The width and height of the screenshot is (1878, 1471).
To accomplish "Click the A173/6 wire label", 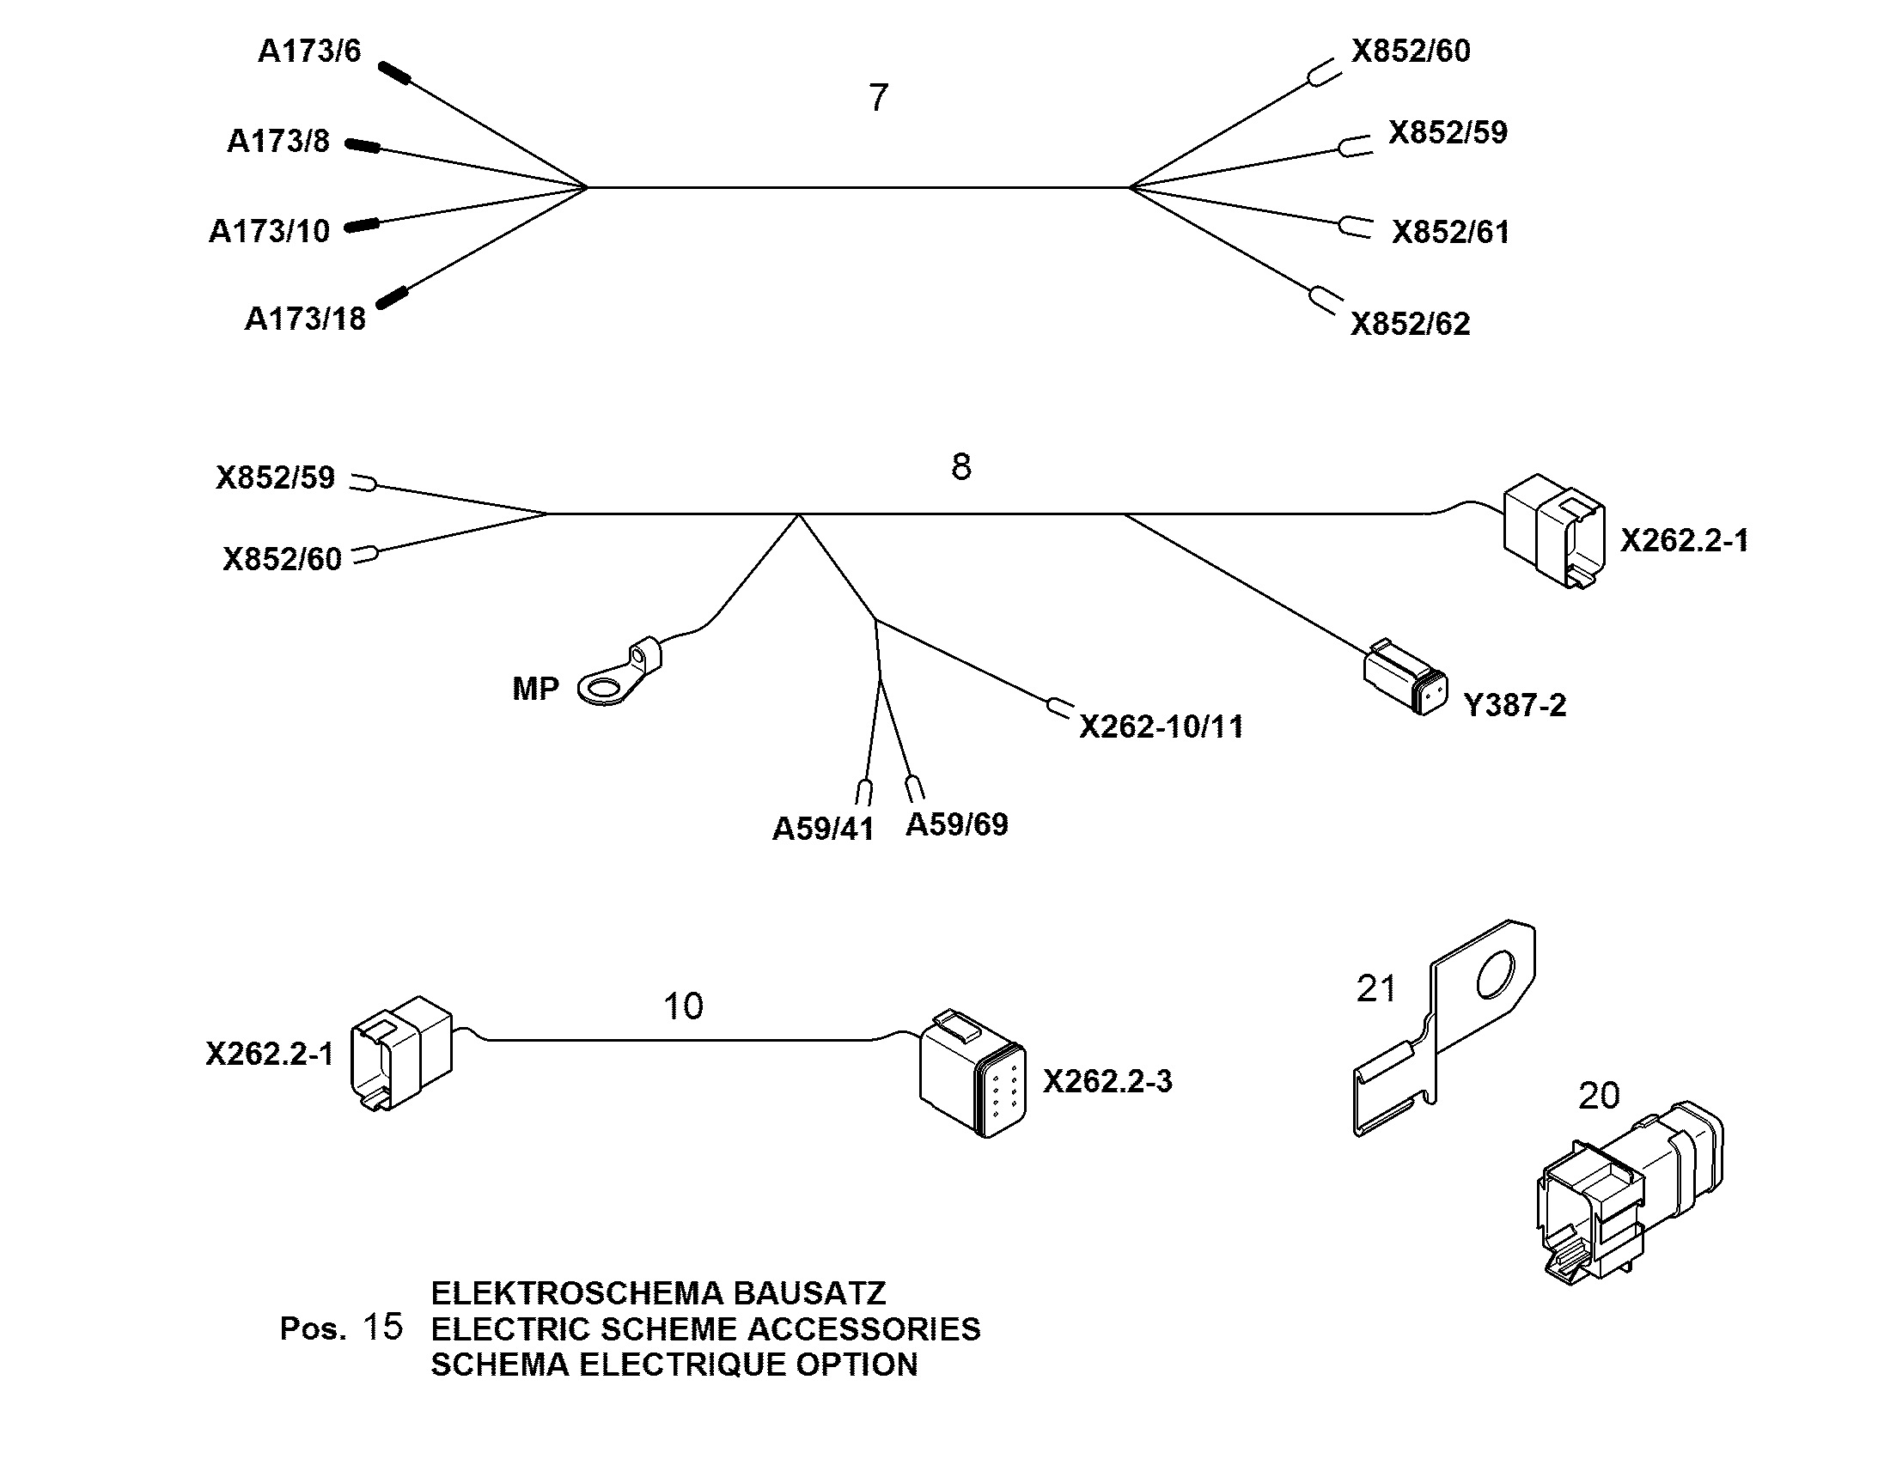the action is (309, 52).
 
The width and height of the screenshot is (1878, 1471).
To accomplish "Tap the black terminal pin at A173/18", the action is (391, 297).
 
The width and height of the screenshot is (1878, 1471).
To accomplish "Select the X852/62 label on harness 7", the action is (1411, 324).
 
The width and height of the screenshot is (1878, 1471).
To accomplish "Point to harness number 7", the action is (878, 97).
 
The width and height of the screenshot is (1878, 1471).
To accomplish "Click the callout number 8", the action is (961, 467).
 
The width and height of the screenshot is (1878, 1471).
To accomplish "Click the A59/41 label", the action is (824, 829).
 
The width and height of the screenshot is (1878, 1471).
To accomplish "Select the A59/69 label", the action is (957, 824).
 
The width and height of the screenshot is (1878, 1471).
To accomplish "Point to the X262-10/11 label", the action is (1162, 726).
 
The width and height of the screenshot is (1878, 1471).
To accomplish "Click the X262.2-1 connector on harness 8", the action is (1554, 531).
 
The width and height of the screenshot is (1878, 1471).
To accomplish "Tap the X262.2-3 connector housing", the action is (973, 1074).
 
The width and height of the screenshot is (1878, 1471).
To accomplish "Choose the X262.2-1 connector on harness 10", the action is (401, 1054).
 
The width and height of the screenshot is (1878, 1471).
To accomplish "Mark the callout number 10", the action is (683, 1006).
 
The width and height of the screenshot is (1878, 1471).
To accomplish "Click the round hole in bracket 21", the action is (1496, 975).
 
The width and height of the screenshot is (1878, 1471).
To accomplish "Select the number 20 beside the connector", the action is (1599, 1096).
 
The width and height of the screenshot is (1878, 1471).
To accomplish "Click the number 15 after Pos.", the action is (382, 1328).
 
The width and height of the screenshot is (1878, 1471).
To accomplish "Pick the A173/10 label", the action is (270, 232).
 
